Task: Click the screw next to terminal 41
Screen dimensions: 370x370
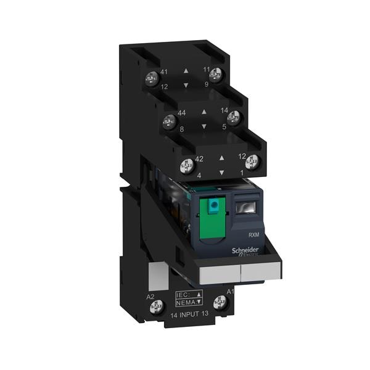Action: click(149, 78)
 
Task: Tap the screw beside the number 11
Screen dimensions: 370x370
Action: click(216, 75)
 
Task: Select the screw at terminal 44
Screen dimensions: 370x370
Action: click(166, 121)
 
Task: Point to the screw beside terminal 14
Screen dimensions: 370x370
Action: click(233, 117)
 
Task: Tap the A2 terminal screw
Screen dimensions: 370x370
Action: click(157, 305)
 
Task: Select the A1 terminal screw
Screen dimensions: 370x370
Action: click(220, 302)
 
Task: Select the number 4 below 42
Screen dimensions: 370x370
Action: click(199, 175)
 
